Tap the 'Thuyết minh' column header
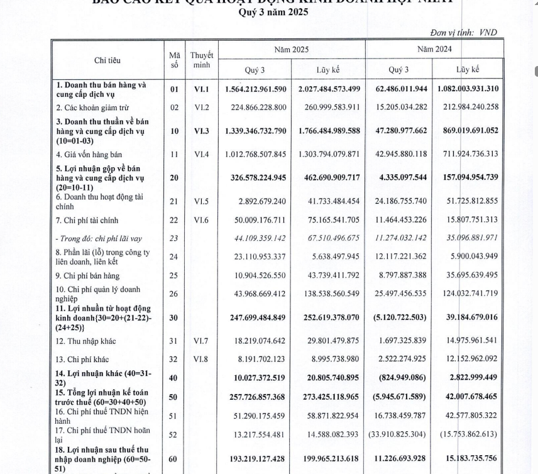[201, 60]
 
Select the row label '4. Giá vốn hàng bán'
[87, 154]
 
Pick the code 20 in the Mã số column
[174, 179]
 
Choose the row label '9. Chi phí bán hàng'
[89, 275]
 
